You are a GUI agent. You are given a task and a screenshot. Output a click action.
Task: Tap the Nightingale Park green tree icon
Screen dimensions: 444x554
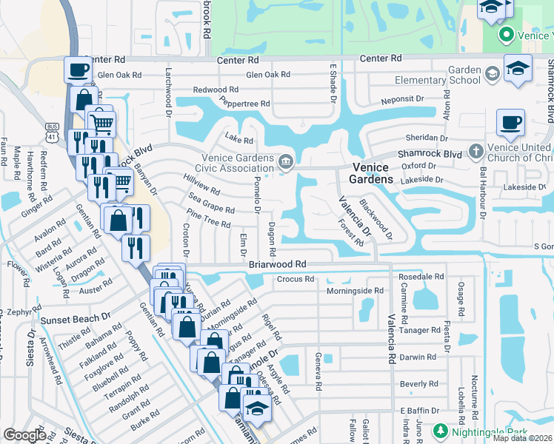pos(440,431)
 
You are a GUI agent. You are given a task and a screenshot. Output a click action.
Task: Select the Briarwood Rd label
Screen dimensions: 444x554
pos(277,264)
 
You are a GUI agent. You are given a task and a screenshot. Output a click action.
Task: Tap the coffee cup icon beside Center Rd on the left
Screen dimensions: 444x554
pos(78,70)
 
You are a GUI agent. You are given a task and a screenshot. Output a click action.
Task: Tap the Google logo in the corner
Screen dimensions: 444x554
pos(24,435)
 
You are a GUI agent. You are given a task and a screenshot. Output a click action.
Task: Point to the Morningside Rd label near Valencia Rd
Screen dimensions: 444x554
pos(355,292)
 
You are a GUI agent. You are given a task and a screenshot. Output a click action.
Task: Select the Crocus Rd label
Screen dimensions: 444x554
pos(296,280)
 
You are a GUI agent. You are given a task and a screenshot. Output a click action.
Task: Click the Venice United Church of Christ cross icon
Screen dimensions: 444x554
pos(476,152)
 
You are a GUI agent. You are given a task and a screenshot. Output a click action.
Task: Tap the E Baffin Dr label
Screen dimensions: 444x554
pos(415,411)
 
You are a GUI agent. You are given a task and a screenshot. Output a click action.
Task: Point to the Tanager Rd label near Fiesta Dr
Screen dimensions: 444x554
pos(420,331)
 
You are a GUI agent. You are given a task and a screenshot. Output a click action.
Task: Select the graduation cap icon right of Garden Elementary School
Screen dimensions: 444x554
pos(518,69)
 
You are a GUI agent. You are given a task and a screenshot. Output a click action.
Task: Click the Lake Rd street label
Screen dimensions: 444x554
pos(239,140)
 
